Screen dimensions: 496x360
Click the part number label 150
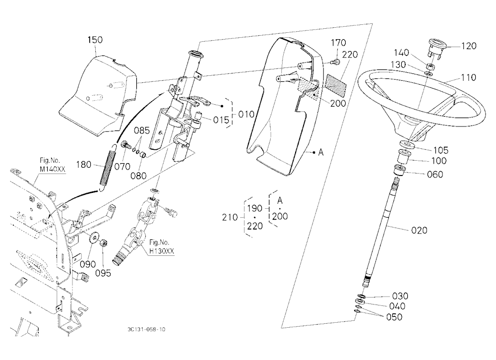pos(95,40)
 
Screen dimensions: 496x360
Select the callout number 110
pos(468,77)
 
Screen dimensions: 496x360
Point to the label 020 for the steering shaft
pos(419,230)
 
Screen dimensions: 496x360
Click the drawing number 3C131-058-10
pos(146,329)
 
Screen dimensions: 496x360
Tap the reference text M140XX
pos(53,169)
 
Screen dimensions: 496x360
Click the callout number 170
pos(338,43)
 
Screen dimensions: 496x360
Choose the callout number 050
pos(394,317)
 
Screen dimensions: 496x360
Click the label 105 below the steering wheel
pos(440,150)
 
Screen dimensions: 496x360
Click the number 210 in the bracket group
pos(230,217)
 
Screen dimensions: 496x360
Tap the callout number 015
pos(221,120)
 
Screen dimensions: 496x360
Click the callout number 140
pos(401,53)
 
